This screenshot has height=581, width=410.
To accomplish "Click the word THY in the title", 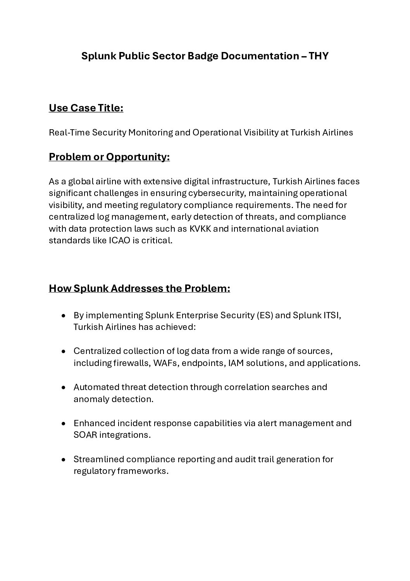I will click(319, 56).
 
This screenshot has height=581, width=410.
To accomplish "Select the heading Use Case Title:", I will click(86, 108).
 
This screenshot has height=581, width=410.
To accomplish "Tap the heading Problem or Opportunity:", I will click(109, 157).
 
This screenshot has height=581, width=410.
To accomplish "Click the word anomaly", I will click(91, 399).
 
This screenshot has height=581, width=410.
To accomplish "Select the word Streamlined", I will click(98, 459).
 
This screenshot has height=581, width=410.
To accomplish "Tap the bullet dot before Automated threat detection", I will click(64, 387).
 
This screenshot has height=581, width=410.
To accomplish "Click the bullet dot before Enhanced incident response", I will click(64, 423).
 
